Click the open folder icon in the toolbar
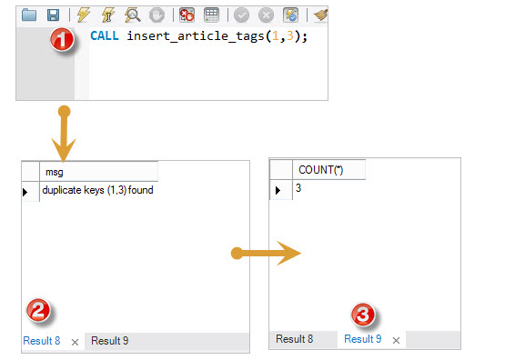point(29,15)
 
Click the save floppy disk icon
point(53,15)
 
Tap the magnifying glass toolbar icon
point(132,15)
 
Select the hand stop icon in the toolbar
point(157,15)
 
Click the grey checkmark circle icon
point(241,15)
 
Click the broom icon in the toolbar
point(321,15)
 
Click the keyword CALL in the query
point(105,35)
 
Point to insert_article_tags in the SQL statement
point(196,36)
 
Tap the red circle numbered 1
point(62,39)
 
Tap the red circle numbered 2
point(38,311)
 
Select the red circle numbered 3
point(363,315)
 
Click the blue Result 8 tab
point(42,341)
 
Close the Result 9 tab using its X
point(397,340)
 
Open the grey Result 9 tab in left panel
point(110,341)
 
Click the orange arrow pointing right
point(266,254)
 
